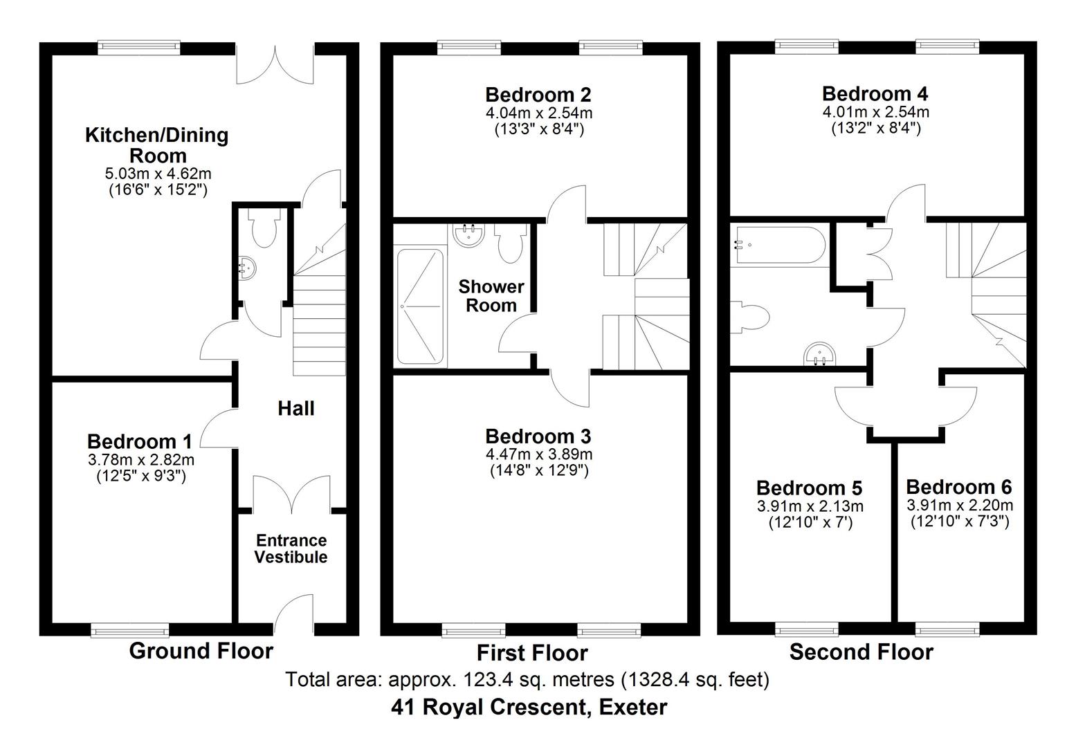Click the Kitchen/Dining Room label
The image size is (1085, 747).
pos(156,145)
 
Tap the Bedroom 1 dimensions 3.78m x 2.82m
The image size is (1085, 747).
pos(140,460)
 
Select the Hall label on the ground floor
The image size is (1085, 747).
pos(295,408)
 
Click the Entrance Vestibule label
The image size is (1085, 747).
pos(291,548)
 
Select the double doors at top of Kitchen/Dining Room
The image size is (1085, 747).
pos(275,68)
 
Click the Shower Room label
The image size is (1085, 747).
pos(491,296)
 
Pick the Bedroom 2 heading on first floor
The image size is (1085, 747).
pos(538,94)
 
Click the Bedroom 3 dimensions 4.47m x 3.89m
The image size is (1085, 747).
pos(538,454)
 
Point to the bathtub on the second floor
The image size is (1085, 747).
pos(779,244)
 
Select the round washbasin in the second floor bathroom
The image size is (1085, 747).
pos(821,355)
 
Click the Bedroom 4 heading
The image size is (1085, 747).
pos(875,93)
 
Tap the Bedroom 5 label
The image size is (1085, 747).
pos(809,488)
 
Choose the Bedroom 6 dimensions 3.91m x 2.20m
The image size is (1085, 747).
pos(960,505)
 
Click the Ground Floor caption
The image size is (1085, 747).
pos(201,651)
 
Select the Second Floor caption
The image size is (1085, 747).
pos(861,652)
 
